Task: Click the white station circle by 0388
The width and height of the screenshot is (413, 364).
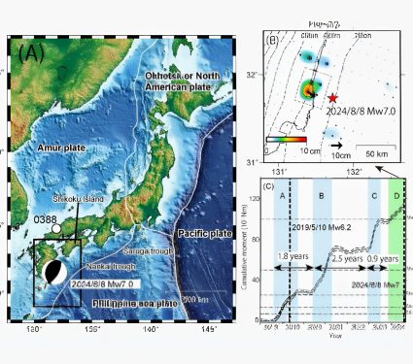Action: point(55,228)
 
